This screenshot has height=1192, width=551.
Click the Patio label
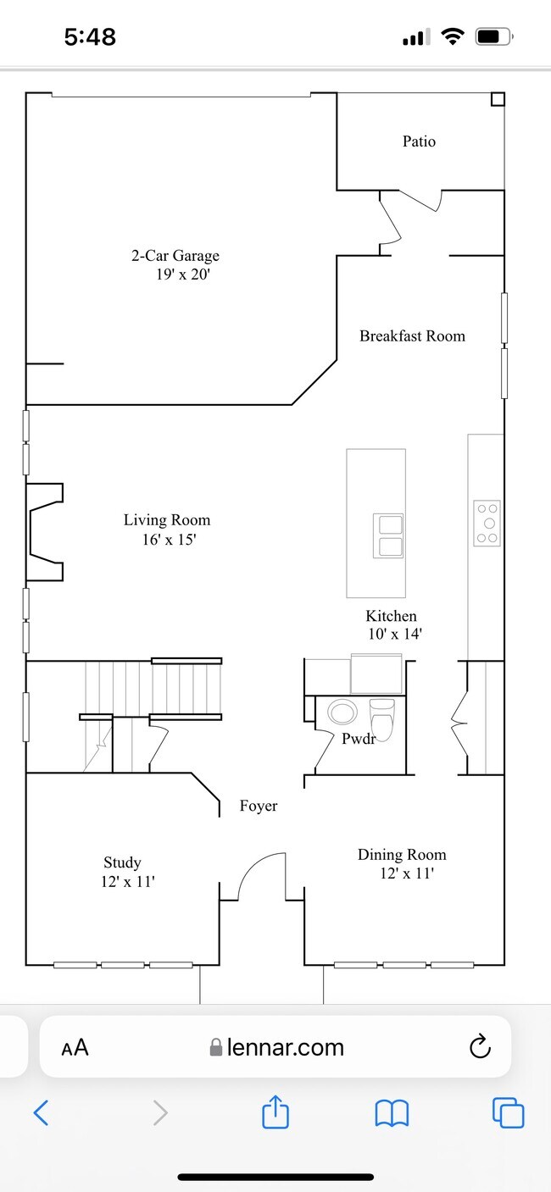419,141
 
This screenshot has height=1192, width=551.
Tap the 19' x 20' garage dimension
183,274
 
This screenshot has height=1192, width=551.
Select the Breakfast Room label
412,335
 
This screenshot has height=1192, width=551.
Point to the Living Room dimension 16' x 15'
169,540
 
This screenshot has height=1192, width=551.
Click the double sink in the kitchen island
388,535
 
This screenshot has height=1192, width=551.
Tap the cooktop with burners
487,523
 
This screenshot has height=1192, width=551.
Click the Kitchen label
392,616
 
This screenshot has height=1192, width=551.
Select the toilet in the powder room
381,719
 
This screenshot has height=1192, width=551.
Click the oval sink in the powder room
342,712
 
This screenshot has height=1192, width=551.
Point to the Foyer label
259,806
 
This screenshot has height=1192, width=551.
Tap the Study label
122,862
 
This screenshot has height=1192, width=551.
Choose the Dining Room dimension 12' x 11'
407,873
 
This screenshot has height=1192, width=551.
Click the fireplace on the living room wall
45,531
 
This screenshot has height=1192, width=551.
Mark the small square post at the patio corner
498,99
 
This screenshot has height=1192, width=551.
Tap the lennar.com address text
286,1047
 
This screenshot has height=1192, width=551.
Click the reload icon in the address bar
480,1046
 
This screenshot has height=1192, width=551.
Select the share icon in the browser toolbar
275,1112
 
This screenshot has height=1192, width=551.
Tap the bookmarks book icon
392,1112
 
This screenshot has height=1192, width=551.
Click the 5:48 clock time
90,36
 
